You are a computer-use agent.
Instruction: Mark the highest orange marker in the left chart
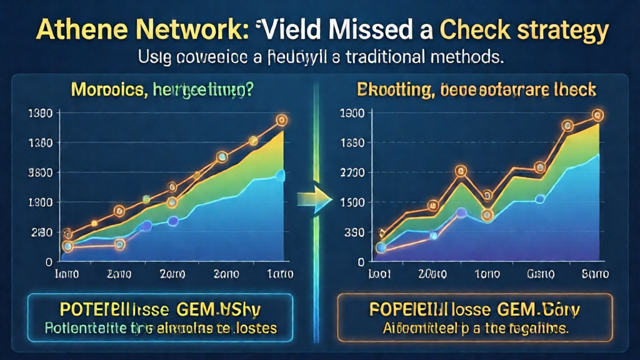pos(281,119)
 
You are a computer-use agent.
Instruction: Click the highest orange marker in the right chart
pos(597,115)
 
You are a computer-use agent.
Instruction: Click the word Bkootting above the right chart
pos(391,90)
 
